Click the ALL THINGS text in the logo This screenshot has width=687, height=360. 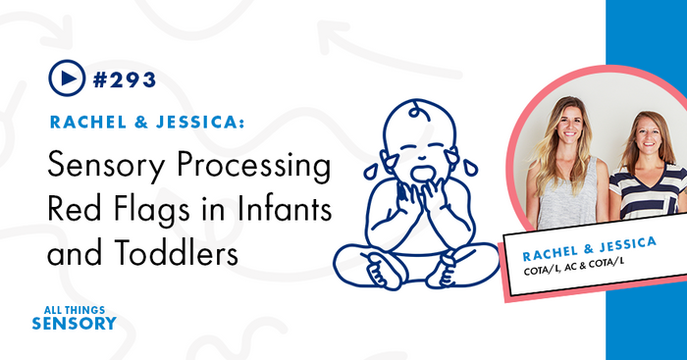[x=73, y=307]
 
